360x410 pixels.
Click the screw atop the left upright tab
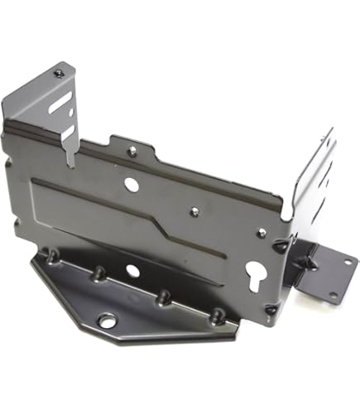point(59,74)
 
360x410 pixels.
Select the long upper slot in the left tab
point(60,101)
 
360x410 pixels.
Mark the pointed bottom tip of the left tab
point(71,163)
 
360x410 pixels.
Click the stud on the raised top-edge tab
point(132,152)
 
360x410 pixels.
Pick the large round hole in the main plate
point(132,185)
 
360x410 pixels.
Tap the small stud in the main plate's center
point(194,211)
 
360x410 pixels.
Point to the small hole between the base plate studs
point(132,271)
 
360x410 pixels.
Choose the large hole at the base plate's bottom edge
point(107,320)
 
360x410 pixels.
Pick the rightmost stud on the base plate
point(218,315)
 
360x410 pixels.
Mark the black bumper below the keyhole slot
point(271,309)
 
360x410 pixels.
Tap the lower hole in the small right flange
point(333,293)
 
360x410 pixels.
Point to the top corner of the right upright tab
point(331,130)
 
